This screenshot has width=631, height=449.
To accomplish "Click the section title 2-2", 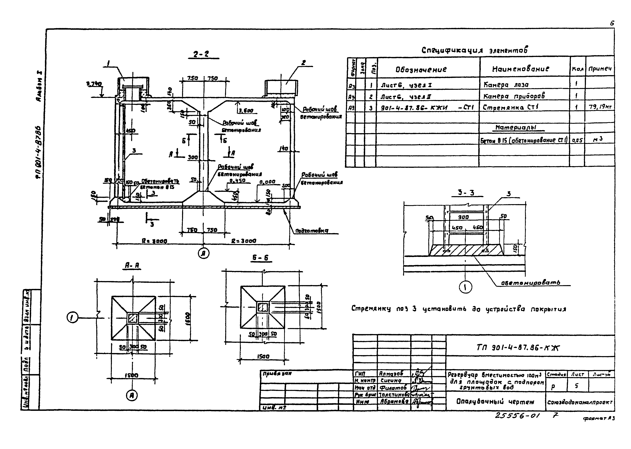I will [201, 54].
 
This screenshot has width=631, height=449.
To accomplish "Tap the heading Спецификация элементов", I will [474, 50].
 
